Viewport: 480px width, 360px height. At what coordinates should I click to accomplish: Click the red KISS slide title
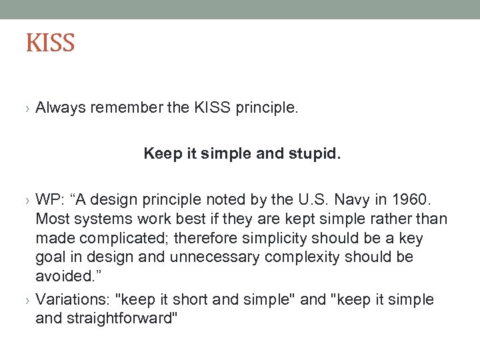tap(50, 44)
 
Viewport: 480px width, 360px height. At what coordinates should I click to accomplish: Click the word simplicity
tap(273, 239)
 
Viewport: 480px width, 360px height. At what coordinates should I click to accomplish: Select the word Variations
tap(66, 300)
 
